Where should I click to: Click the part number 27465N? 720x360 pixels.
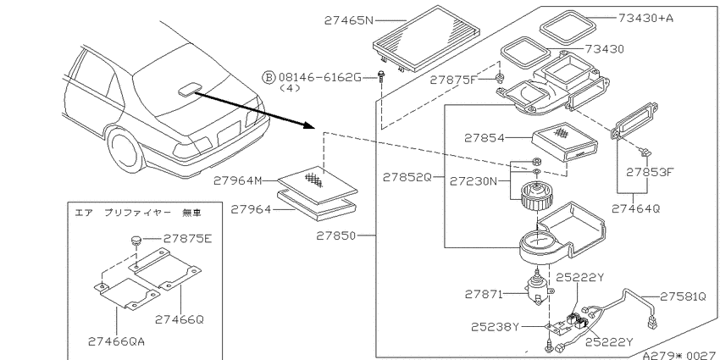[x=350, y=20]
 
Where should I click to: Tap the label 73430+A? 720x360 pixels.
[x=645, y=18]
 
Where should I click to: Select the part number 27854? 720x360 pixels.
[x=484, y=138]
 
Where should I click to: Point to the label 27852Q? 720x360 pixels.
[x=407, y=177]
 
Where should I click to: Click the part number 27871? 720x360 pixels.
[x=484, y=294]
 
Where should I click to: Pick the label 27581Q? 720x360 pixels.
[x=684, y=296]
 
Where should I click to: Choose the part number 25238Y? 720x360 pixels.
[x=495, y=327]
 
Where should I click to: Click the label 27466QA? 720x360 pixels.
[x=117, y=341]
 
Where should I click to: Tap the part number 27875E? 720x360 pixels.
[x=188, y=239]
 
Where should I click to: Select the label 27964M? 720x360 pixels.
[x=237, y=181]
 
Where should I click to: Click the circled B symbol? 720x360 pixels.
[x=269, y=77]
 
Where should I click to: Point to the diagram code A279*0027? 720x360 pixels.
[x=680, y=355]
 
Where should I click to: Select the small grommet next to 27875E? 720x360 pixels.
[x=135, y=241]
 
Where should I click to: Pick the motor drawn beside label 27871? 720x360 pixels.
[x=536, y=291]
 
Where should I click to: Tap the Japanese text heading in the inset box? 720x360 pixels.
[x=138, y=213]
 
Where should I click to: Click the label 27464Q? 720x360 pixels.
[x=635, y=208]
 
